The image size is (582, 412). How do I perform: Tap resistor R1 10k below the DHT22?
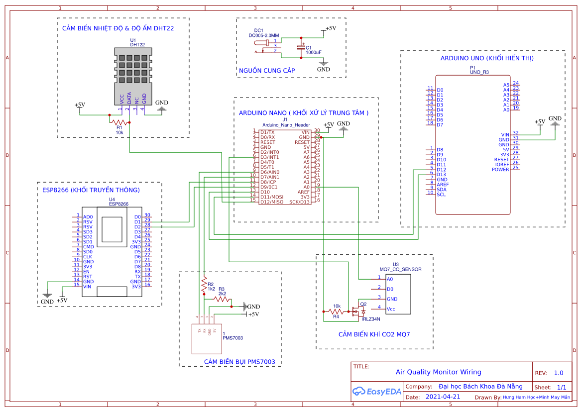coord(119,122)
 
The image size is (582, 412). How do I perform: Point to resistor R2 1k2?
coord(204,285)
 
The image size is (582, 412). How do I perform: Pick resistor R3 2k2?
coord(222,298)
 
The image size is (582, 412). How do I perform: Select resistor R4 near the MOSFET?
coord(337,311)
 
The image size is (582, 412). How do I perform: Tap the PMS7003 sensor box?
coord(207,338)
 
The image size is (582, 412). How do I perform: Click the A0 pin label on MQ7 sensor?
coord(390,279)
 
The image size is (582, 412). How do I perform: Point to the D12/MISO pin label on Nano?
coord(271,202)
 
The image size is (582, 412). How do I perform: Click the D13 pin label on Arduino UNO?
coord(441,175)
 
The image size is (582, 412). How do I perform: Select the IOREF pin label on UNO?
coord(501,164)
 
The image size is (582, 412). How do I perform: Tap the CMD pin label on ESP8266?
coord(88,247)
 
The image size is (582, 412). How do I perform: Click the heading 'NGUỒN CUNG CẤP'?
coord(267,71)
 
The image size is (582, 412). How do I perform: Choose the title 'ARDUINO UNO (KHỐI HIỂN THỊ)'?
coord(487,58)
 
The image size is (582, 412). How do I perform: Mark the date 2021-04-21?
coord(443,397)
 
